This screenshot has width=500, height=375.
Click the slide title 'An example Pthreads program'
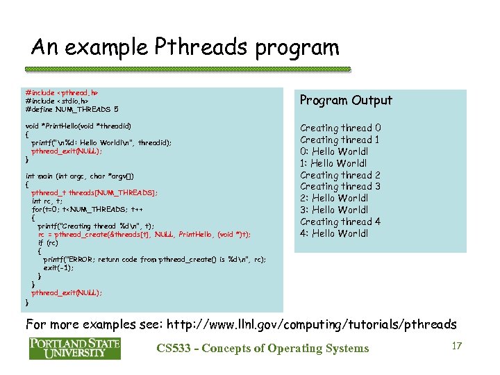(x=185, y=47)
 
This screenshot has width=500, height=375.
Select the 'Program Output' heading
(x=346, y=101)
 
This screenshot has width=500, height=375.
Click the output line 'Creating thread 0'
(x=340, y=128)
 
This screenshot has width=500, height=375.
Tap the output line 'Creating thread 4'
(x=340, y=222)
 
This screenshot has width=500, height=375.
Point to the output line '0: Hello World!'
(x=334, y=151)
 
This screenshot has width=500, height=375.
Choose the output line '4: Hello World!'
(x=334, y=233)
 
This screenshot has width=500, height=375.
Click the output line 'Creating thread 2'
(x=340, y=175)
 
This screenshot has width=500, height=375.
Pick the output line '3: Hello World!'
(x=334, y=210)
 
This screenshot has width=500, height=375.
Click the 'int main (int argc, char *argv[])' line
(x=84, y=176)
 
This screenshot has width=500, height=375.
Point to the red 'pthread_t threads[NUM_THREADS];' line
(x=94, y=193)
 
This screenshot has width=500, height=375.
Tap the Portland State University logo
(x=74, y=348)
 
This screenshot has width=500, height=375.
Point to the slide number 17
(x=456, y=345)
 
